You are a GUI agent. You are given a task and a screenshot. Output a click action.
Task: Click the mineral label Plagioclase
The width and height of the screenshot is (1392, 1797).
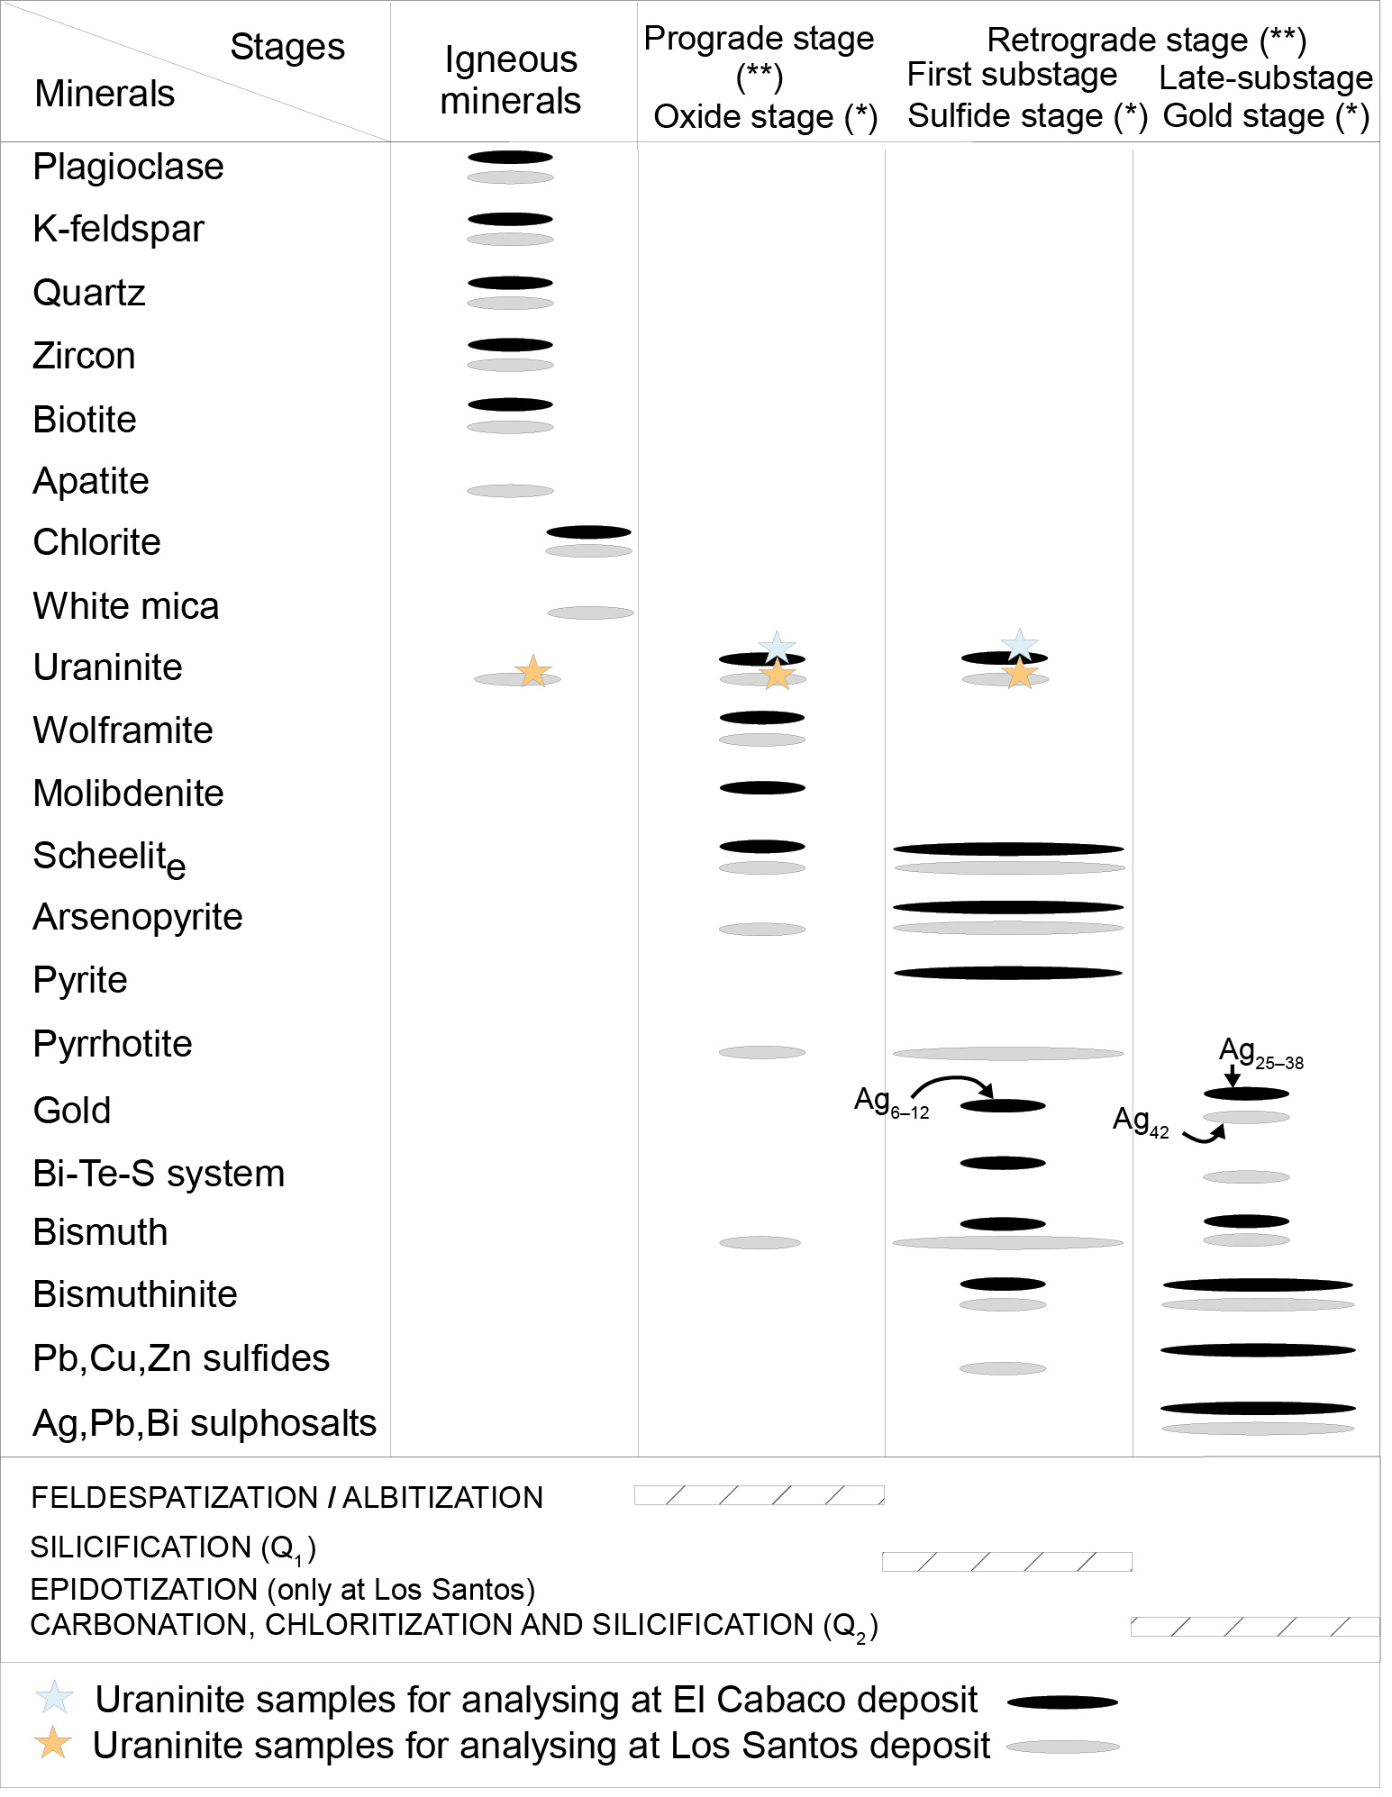(x=128, y=167)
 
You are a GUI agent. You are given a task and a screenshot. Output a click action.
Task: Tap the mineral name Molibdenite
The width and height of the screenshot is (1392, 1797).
(x=128, y=794)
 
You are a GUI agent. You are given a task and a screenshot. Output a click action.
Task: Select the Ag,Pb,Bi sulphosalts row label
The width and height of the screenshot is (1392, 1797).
(x=205, y=1423)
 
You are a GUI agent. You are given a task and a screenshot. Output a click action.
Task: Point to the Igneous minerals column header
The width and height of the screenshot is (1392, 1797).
(x=510, y=80)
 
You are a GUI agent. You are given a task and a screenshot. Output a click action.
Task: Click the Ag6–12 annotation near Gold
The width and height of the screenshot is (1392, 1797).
(x=890, y=1102)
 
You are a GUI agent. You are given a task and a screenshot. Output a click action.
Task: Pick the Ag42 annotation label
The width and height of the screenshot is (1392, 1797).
(x=1140, y=1121)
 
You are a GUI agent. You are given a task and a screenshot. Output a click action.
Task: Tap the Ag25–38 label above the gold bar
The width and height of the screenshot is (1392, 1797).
(x=1260, y=1052)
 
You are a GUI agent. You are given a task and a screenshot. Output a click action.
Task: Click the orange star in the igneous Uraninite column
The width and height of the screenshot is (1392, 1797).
(x=532, y=671)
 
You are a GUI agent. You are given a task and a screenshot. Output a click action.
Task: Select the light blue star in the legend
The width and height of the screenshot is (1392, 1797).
(x=53, y=1698)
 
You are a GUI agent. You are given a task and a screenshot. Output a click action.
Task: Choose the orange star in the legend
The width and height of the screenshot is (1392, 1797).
(x=53, y=1743)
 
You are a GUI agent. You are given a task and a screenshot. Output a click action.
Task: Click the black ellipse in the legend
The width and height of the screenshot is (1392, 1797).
(x=1062, y=1702)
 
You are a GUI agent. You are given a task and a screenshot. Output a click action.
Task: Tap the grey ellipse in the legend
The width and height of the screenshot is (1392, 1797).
(x=1062, y=1747)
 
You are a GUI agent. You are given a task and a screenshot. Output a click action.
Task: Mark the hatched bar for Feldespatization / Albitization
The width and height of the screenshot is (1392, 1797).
(x=759, y=1495)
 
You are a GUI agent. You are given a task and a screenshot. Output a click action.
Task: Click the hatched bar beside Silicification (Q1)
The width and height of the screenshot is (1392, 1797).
(x=1006, y=1562)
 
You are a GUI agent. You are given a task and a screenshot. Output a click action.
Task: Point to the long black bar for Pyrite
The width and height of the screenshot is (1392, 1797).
(x=1007, y=973)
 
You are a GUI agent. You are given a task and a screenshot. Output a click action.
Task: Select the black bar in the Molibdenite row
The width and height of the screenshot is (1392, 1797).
(x=762, y=788)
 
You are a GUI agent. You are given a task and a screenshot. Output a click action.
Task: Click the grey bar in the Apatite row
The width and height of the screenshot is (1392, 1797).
(x=510, y=491)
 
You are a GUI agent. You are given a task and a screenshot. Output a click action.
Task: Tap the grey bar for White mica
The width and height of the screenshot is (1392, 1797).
(x=590, y=613)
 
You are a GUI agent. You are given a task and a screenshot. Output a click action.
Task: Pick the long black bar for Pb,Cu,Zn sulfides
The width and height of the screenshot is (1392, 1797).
(x=1258, y=1350)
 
